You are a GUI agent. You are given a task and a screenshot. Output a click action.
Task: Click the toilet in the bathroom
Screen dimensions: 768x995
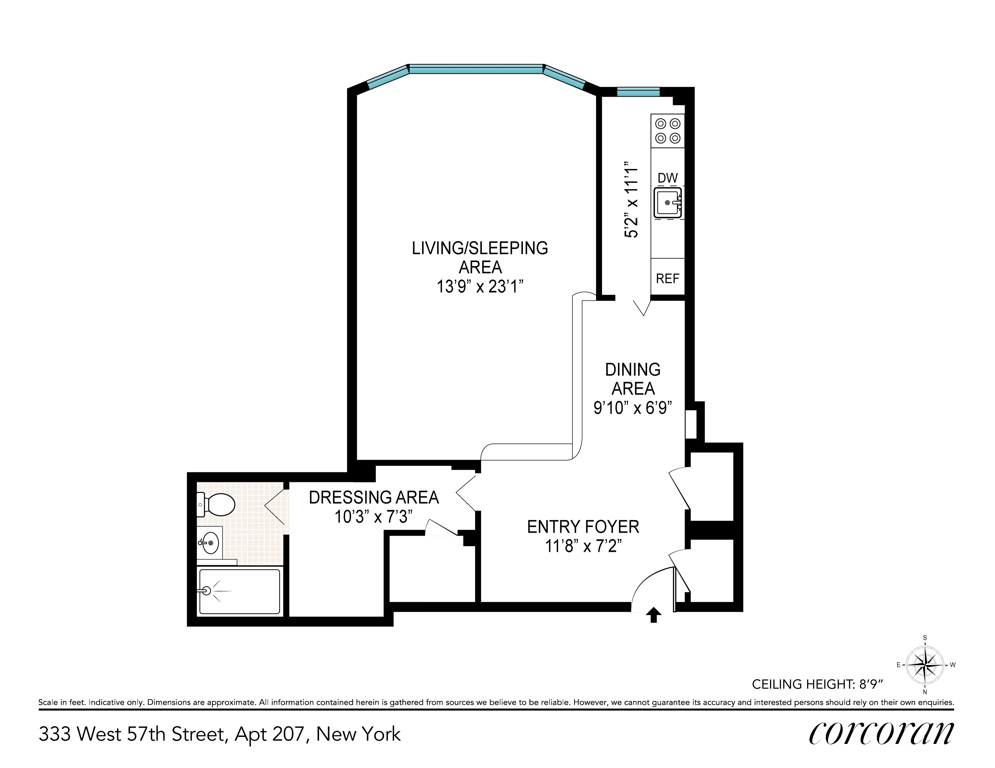[x=217, y=504]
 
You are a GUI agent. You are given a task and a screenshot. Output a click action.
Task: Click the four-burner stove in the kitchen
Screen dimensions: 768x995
[x=667, y=131]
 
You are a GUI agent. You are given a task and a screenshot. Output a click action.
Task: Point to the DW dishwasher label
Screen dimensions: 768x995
[x=667, y=178]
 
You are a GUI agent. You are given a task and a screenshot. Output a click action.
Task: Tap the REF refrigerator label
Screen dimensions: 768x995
[x=667, y=278]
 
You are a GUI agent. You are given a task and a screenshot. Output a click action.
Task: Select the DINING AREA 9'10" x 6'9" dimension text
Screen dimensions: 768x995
[x=632, y=407]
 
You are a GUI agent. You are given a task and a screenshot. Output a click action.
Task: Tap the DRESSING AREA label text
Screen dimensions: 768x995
[x=374, y=497]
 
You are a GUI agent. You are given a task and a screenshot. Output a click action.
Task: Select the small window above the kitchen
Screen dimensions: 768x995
[x=638, y=92]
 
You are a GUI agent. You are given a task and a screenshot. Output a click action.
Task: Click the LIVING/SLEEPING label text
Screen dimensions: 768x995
[x=480, y=248]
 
